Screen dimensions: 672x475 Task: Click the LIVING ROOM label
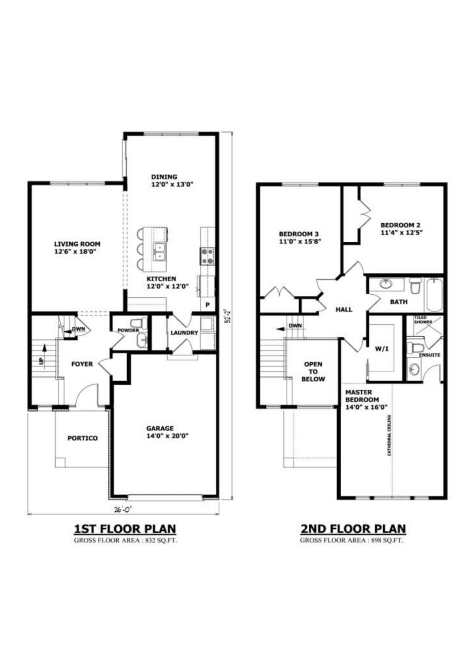tap(77, 248)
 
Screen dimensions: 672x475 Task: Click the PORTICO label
tap(82, 438)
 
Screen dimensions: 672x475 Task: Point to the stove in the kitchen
tap(207, 256)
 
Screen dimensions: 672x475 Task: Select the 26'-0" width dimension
tap(123, 510)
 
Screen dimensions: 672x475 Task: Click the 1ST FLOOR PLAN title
tap(125, 529)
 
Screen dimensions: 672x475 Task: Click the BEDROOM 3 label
tap(299, 237)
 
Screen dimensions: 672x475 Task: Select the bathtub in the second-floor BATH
tap(434, 295)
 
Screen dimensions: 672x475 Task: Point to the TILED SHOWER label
tap(423, 320)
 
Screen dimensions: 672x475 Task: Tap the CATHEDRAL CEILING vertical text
tap(389, 435)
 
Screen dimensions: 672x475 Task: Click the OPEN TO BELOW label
tap(313, 371)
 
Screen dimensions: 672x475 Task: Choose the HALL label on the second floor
tap(344, 309)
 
